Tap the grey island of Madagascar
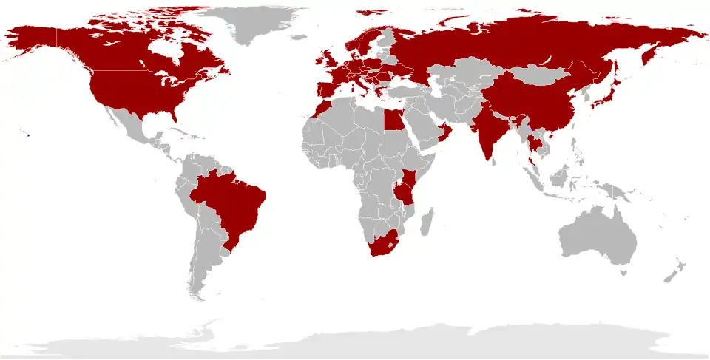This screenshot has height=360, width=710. [x=426, y=222]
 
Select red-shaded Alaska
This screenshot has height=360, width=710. [x=33, y=41]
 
